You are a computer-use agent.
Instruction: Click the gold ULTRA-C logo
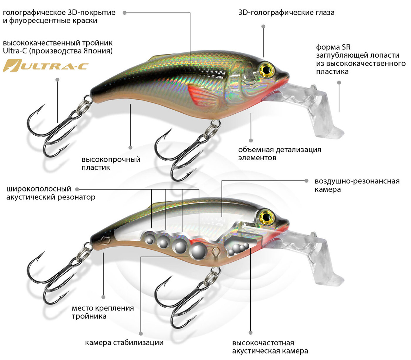coord(45,65)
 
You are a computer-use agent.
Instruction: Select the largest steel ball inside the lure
coord(198,252)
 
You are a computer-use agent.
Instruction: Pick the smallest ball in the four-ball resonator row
coord(149,240)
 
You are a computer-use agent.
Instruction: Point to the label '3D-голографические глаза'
coord(286,13)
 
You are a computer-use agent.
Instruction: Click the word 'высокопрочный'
coord(111,160)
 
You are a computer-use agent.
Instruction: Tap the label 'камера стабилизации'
coord(124,343)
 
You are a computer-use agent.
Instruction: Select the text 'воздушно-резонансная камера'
coord(357,185)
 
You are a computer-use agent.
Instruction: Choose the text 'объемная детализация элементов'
coord(279,154)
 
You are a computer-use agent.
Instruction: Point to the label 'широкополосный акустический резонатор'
coord(51,193)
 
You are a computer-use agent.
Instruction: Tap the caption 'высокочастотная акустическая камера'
coord(270,347)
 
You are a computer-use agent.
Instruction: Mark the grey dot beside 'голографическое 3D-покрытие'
coord(124,13)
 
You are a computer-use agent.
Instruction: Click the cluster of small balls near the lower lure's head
coord(238,249)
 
